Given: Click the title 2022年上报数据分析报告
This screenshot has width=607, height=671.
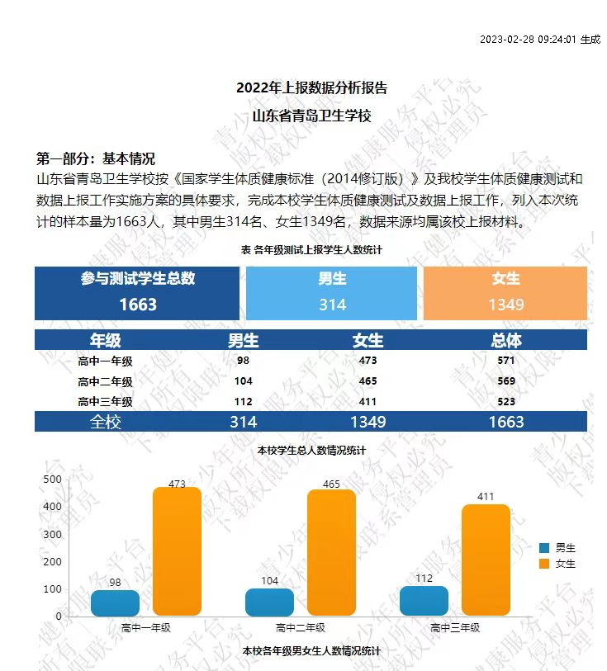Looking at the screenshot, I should (x=311, y=87).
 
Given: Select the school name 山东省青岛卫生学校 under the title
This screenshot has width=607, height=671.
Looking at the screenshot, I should (x=311, y=116).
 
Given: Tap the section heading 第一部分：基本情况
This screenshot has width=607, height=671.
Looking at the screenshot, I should (x=96, y=159).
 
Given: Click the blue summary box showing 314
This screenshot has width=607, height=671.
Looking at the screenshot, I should (x=332, y=294).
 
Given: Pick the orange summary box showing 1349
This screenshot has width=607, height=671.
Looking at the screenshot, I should (x=505, y=294).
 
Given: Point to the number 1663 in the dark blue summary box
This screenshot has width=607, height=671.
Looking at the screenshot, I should (x=138, y=305).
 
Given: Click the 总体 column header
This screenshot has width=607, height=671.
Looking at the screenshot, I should (x=506, y=340).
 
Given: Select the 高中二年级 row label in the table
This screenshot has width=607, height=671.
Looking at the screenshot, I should (x=105, y=381).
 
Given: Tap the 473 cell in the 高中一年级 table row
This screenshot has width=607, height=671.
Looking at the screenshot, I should (x=368, y=361).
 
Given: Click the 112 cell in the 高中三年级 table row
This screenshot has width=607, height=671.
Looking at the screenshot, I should (x=243, y=402).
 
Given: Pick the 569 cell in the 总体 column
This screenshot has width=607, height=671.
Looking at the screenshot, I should (x=506, y=381).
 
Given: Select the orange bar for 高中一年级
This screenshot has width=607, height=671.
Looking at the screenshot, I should (x=177, y=551).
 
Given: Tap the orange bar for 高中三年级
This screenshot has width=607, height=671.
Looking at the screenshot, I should (x=486, y=560).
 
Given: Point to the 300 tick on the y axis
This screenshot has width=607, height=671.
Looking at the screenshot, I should (x=52, y=534).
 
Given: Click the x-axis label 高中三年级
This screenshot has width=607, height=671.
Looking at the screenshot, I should (x=455, y=628).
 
